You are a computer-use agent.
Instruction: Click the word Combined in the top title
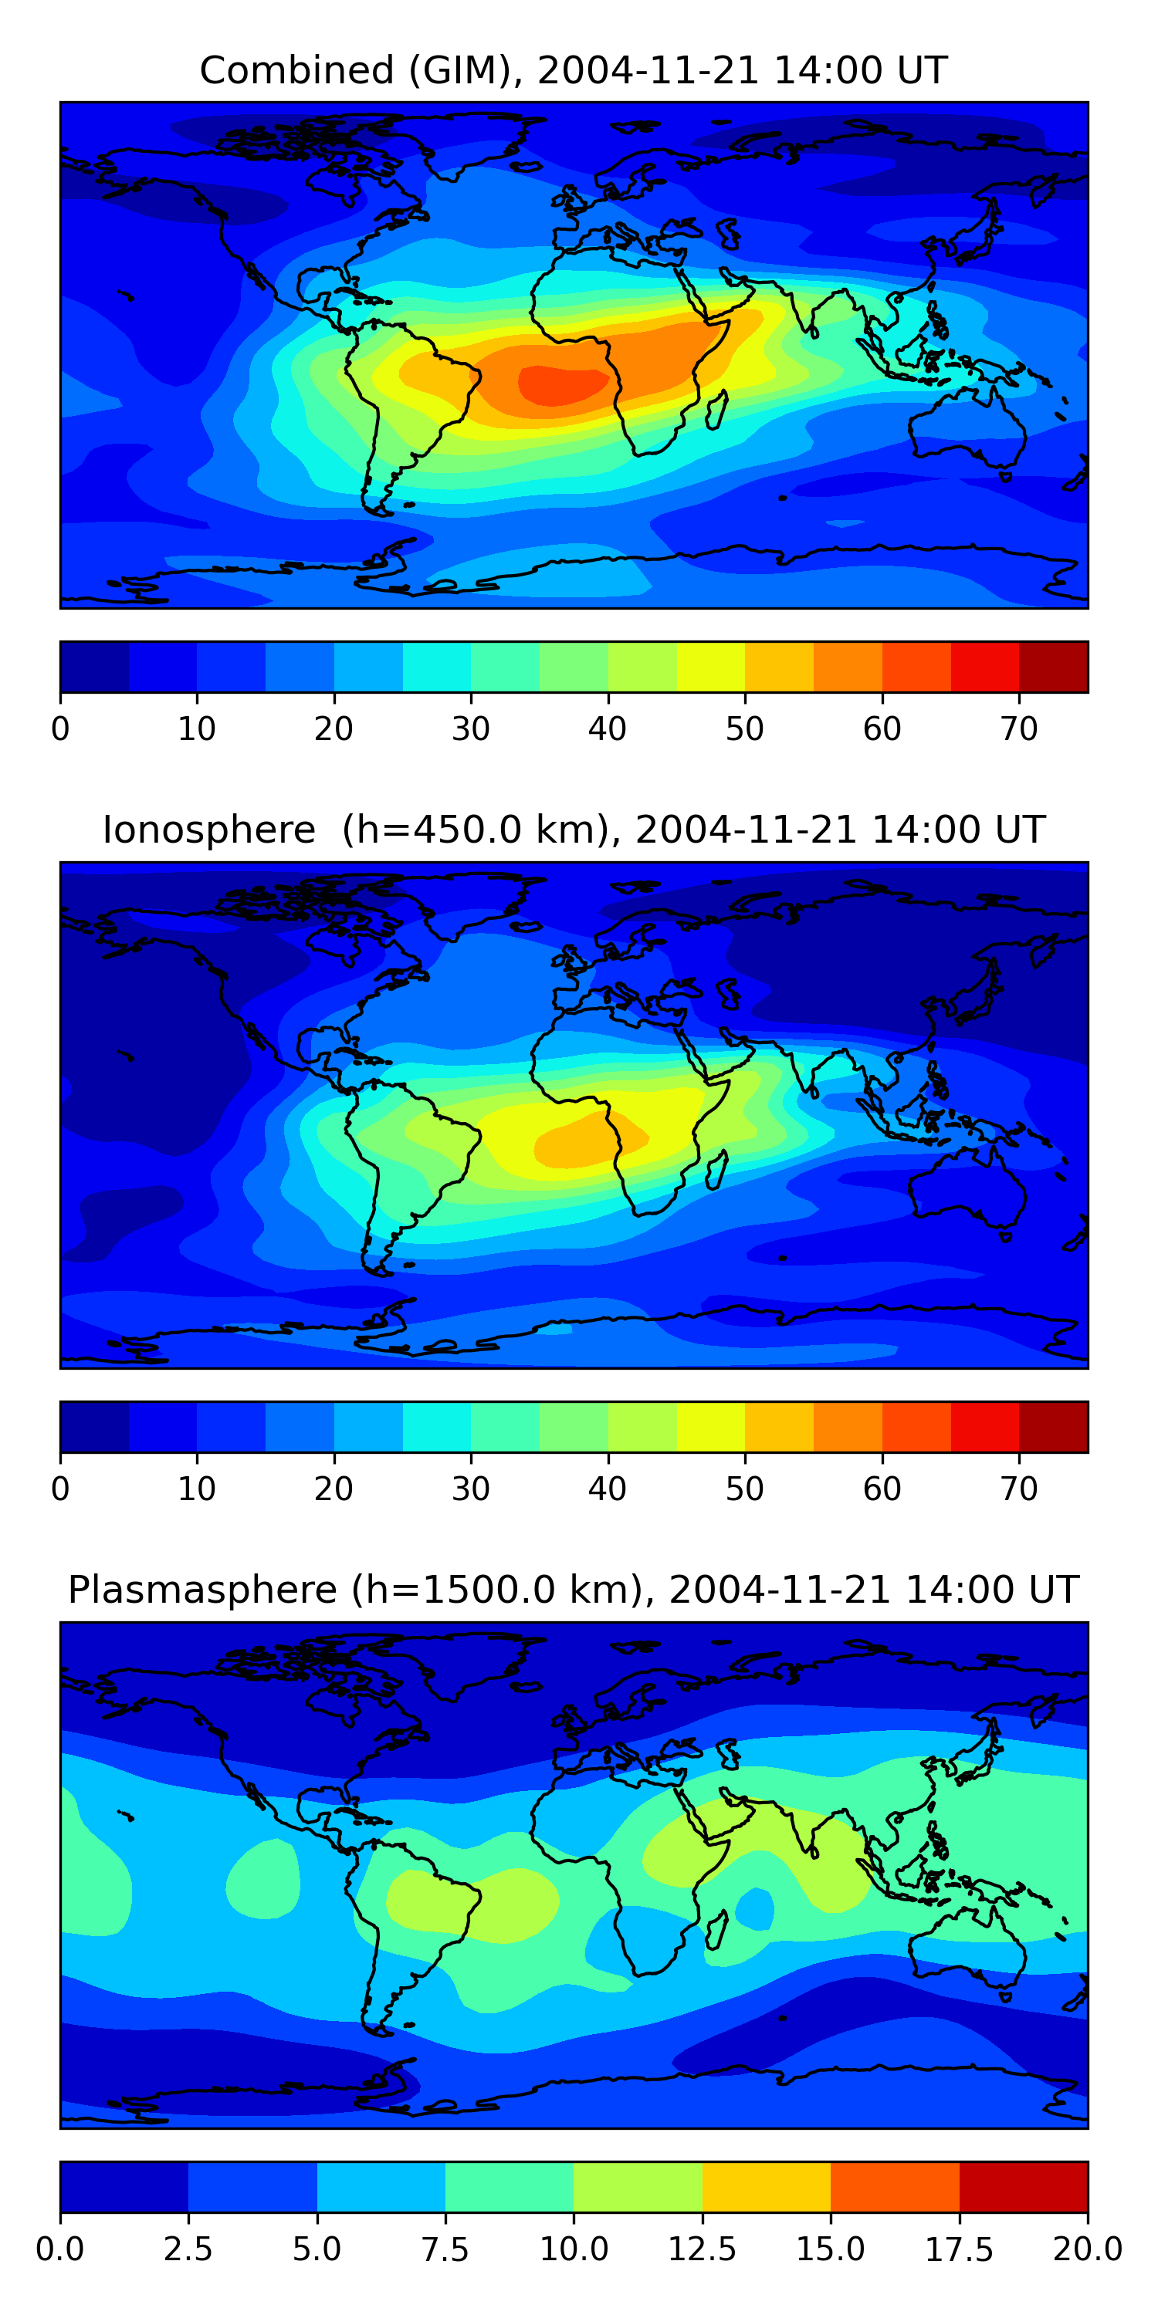point(296,70)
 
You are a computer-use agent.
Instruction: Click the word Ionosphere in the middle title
point(208,830)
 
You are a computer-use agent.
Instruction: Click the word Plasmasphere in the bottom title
point(202,1590)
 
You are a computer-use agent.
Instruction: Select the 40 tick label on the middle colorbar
point(608,1489)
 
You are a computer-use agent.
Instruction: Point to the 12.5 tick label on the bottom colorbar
point(703,2249)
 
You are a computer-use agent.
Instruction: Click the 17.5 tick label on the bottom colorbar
point(960,2249)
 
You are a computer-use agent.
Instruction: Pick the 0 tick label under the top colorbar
point(60,728)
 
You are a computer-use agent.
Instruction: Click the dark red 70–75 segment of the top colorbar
point(1053,667)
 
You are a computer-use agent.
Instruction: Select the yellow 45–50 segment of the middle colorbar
point(710,1427)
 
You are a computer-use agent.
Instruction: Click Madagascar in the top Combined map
point(716,409)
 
